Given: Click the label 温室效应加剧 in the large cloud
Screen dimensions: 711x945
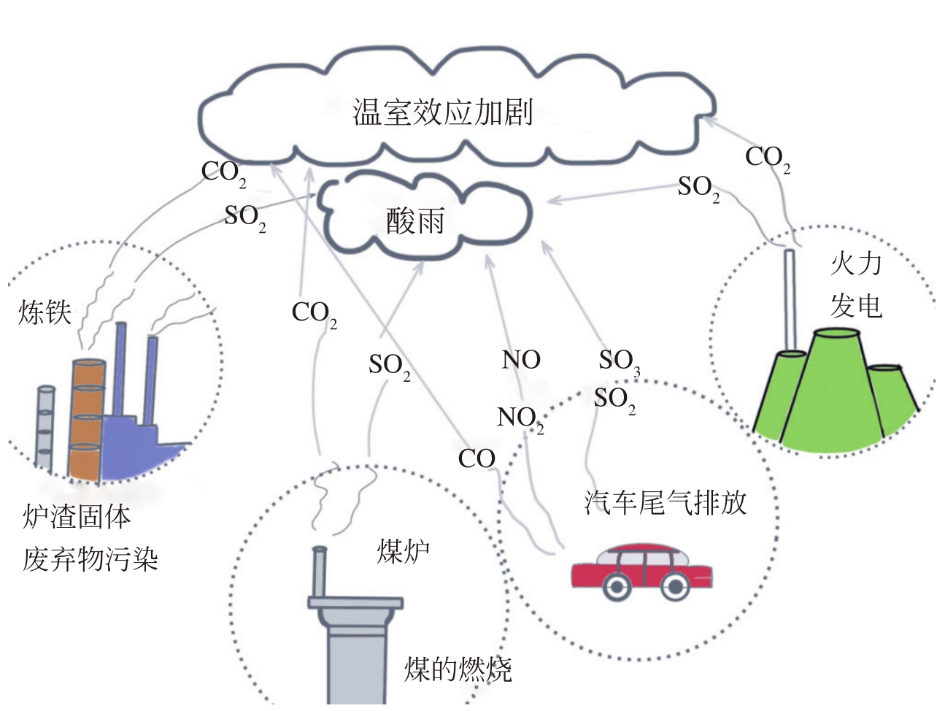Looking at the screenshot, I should pos(443,112).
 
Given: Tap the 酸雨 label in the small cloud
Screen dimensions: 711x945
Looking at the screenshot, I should pos(415,220).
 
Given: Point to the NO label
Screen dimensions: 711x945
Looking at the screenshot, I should pos(521,360).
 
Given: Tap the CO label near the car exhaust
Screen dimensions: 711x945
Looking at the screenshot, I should pos(477,459).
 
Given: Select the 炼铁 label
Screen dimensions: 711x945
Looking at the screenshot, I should pos(45,312).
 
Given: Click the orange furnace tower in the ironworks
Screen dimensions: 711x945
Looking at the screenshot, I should pos(86,420).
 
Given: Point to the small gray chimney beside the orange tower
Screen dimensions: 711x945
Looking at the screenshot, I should pos(45,427).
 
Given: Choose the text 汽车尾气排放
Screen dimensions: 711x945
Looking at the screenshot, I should pos(666,502).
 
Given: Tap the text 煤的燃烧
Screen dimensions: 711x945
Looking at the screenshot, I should pos(458,669).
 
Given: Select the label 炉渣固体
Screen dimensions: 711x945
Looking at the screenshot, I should pos(77,517).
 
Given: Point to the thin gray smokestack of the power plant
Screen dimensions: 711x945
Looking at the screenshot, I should pos(789,299).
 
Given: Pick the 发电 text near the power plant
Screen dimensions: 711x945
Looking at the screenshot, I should pos(856,306).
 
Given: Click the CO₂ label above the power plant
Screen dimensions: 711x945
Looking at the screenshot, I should pos(767,158).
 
